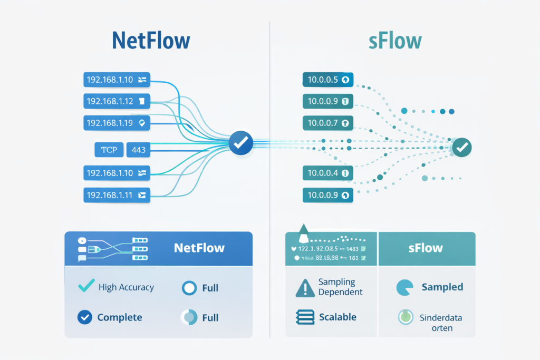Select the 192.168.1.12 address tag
pos(117,101)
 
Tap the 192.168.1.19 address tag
pos(117,123)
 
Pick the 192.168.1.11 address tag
pos(117,195)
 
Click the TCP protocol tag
pos(109,150)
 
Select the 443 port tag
pos(139,150)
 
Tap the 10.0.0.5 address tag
pos(327,80)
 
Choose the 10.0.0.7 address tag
pos(327,123)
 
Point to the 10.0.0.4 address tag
pos(327,172)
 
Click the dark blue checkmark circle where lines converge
pos(241,142)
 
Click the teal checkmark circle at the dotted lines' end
pos(462,148)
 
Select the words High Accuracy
pos(126,287)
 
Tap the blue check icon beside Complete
pos(84,317)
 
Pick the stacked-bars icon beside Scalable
pos(305,317)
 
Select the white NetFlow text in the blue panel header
pos(199,248)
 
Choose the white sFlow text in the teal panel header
pos(426,248)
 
